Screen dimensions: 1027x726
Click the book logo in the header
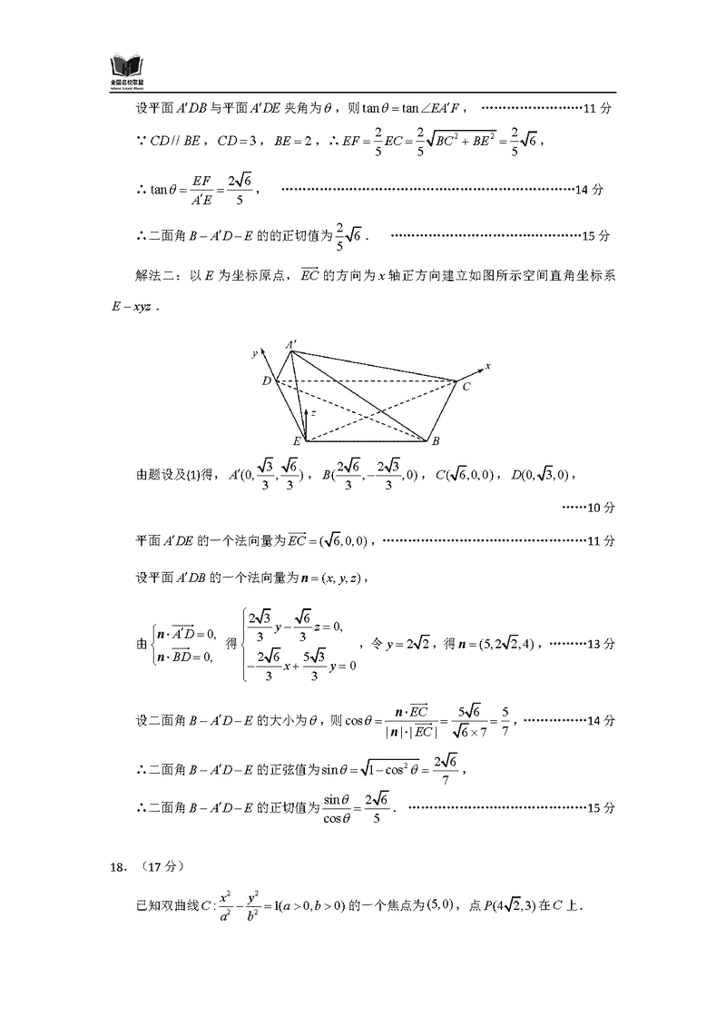tap(127, 67)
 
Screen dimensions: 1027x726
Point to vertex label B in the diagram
tap(437, 442)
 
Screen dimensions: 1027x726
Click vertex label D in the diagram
tap(266, 381)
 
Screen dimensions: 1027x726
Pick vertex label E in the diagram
tap(296, 442)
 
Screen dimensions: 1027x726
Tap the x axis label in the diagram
tap(488, 366)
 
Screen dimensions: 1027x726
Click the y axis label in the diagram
tap(255, 351)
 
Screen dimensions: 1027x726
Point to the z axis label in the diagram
tap(313, 413)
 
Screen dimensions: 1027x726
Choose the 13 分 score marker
tap(603, 643)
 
